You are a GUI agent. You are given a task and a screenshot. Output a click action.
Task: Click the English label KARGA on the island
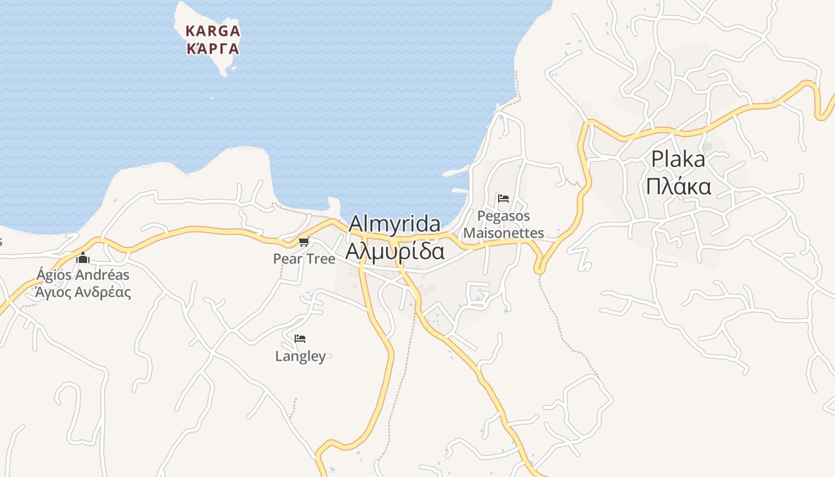coord(213,30)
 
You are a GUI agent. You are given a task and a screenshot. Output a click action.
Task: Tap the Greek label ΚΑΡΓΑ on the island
coord(213,49)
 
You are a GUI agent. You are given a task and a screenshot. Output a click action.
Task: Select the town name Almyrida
coord(394,224)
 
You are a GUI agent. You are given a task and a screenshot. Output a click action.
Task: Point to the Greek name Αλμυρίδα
coord(394,251)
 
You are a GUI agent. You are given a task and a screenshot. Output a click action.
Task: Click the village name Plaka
coord(678,159)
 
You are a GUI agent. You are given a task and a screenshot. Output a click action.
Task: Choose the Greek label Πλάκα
coord(678,187)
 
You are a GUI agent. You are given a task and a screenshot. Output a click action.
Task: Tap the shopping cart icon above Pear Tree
coord(304,241)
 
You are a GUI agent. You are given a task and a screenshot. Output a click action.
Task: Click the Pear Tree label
coord(304,259)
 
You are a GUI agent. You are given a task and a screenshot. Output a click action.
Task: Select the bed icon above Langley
coord(300,339)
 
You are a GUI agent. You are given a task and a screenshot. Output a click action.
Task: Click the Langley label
coord(301,357)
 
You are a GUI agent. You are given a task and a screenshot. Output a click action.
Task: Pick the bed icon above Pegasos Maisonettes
coord(503,199)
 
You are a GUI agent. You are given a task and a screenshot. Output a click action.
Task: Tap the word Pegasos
coord(503,216)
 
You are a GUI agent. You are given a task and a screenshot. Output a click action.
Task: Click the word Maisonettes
coord(503,233)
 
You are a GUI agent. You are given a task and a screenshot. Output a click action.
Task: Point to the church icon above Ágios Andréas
coord(83,258)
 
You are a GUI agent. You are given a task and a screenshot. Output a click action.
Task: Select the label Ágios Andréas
coord(83,275)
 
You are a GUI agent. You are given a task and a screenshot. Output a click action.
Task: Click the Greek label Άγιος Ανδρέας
coord(83,292)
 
